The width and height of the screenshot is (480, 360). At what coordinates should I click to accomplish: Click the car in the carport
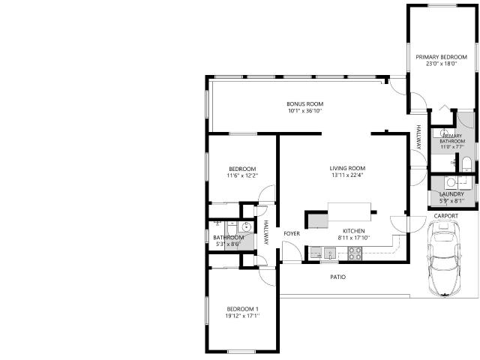(x=444, y=259)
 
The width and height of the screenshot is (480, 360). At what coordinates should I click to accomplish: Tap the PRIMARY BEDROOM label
(x=441, y=57)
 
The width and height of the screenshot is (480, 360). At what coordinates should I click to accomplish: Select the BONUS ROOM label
(x=305, y=103)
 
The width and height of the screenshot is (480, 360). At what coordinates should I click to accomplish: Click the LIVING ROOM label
(x=347, y=168)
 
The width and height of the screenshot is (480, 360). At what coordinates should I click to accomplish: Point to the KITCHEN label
(x=353, y=231)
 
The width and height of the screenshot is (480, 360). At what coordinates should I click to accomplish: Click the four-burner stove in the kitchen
(x=355, y=253)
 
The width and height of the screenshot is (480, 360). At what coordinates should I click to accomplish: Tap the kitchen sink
(x=330, y=253)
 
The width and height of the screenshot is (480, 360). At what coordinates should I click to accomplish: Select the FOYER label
(x=292, y=233)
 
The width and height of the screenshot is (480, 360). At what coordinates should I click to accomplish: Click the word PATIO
(x=338, y=277)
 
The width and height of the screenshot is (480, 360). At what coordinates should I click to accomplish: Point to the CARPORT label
(x=446, y=216)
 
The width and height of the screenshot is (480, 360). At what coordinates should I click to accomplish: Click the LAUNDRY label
(x=451, y=194)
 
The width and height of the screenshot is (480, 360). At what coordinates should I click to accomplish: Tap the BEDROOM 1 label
(x=242, y=309)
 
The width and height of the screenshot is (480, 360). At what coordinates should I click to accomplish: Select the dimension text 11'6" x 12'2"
(x=242, y=175)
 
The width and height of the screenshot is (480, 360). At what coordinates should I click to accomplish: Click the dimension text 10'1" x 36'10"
(x=305, y=111)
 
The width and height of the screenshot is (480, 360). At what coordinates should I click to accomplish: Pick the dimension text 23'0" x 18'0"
(x=441, y=64)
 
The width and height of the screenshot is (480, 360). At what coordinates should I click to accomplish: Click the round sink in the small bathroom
(x=247, y=226)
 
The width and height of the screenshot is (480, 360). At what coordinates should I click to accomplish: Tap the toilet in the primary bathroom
(x=466, y=163)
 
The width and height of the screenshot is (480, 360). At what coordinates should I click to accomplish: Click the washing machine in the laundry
(x=451, y=183)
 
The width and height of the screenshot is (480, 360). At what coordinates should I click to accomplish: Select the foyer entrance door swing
(x=292, y=252)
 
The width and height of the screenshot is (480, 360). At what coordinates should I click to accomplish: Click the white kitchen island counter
(x=349, y=211)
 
